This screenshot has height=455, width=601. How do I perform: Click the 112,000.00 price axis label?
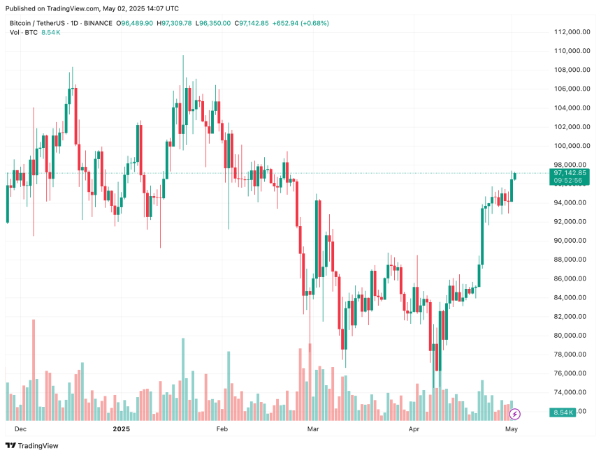point(570,32)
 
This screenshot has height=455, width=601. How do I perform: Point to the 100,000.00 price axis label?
point(570,146)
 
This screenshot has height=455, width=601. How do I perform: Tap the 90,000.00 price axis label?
point(570,241)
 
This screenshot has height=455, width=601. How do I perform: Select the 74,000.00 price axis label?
point(570,392)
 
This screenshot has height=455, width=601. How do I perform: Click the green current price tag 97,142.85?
point(570,172)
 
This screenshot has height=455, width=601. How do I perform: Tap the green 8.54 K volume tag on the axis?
point(562,413)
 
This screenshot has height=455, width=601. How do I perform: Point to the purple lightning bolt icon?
point(515,414)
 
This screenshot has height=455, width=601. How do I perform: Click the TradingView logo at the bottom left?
point(33,446)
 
